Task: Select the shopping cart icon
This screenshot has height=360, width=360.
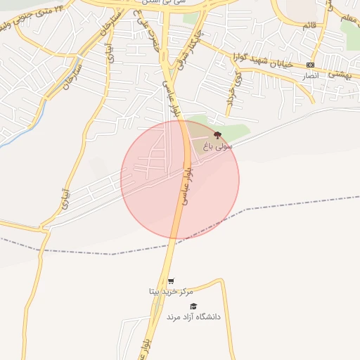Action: (x=171, y=281)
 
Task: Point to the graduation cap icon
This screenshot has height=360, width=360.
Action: (x=193, y=306)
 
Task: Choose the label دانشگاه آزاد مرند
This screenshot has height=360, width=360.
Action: (x=193, y=317)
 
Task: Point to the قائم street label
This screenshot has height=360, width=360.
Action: (x=309, y=26)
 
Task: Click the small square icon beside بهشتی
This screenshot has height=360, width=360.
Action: (x=310, y=65)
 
